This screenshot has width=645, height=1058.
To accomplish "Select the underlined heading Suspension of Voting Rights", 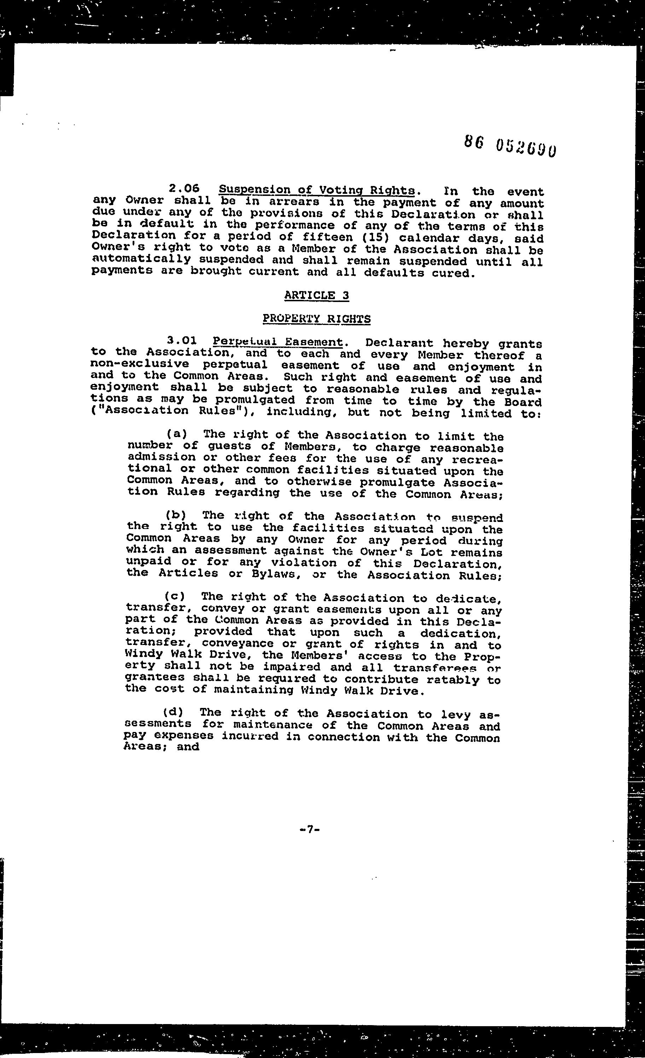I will [317, 190].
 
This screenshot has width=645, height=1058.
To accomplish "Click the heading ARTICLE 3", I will [316, 295].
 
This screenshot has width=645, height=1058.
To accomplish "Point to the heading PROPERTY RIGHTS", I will [316, 319].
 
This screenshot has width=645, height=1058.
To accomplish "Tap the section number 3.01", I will [182, 341].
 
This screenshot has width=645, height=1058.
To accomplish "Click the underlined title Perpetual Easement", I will [278, 342].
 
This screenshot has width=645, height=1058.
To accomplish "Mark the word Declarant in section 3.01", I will [399, 343].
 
